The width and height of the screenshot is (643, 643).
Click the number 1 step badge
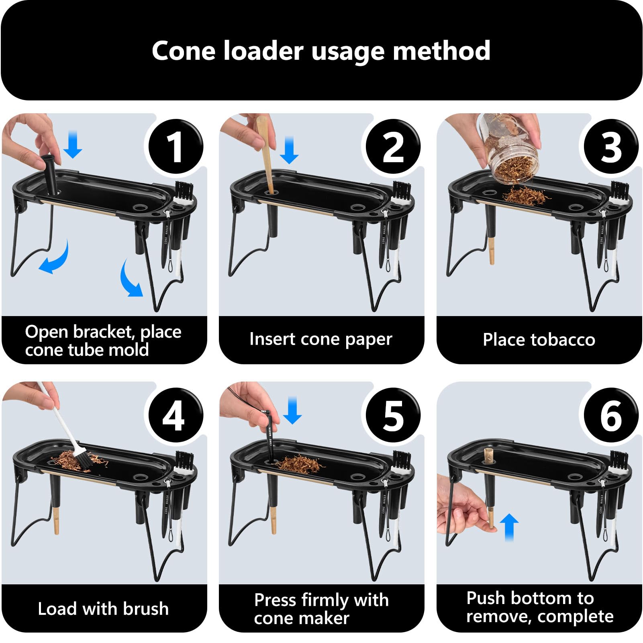point(176,147)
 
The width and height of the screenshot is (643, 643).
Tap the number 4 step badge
point(176,415)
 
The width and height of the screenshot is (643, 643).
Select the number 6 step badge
point(611,415)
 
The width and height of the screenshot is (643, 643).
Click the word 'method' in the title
point(441,51)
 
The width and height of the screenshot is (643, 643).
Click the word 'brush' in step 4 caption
point(146,608)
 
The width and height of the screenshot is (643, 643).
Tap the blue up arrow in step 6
point(509,527)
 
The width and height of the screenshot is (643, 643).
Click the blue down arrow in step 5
point(292,410)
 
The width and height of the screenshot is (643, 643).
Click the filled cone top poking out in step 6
point(490,456)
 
